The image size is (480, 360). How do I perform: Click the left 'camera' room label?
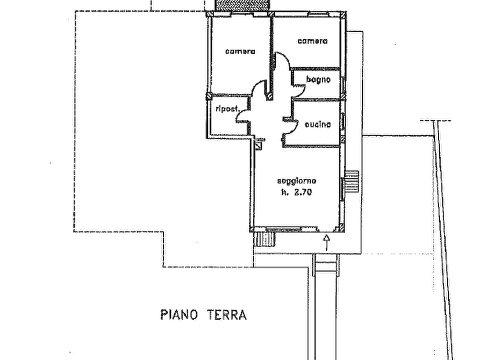pyautogui.click(x=240, y=52)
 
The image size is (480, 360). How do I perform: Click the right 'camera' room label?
pyautogui.click(x=312, y=41)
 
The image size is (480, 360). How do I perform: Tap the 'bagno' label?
pyautogui.click(x=318, y=80)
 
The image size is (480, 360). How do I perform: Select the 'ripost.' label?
pyautogui.click(x=227, y=109)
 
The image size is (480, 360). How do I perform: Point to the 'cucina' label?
pyautogui.click(x=318, y=124)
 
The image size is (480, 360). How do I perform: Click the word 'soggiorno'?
pyautogui.click(x=297, y=181)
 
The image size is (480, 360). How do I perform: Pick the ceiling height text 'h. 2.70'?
pyautogui.click(x=296, y=192)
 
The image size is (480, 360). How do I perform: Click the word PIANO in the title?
pyautogui.click(x=179, y=315)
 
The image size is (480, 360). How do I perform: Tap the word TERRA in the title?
pyautogui.click(x=227, y=315)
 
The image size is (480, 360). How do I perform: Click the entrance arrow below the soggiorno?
pyautogui.click(x=327, y=242)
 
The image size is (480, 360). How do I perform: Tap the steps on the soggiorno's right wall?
pyautogui.click(x=351, y=181)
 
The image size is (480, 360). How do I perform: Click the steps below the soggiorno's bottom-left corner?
pyautogui.click(x=264, y=239)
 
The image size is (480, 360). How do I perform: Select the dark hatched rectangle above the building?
pyautogui.click(x=242, y=5)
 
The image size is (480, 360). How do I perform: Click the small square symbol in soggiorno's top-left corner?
pyautogui.click(x=259, y=146)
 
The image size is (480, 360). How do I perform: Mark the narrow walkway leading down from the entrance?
pyautogui.click(x=326, y=306)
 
